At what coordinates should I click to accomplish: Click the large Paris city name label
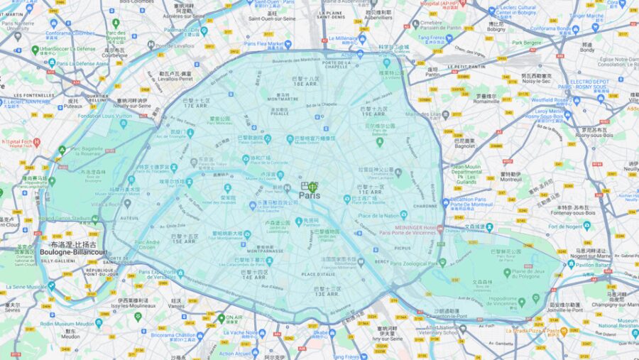click(309, 195)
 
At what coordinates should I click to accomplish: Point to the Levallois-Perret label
click(176, 79)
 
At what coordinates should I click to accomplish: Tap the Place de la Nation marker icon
click(404, 214)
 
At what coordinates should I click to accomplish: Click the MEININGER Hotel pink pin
click(441, 229)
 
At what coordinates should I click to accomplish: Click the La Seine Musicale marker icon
click(51, 286)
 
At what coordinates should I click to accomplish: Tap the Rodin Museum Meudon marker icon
click(99, 322)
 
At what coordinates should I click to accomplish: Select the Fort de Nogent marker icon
click(586, 226)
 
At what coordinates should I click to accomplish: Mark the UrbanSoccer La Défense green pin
click(35, 50)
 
